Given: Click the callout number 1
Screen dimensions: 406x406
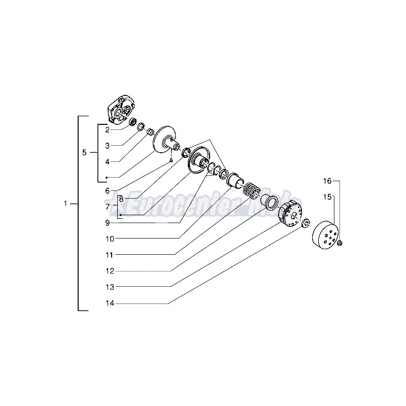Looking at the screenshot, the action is pyautogui.click(x=65, y=205).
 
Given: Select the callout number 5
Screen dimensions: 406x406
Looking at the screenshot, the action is pyautogui.click(x=85, y=152).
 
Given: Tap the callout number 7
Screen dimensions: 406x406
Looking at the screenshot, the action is pyautogui.click(x=108, y=207).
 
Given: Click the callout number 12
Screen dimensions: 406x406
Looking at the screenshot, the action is pyautogui.click(x=110, y=270).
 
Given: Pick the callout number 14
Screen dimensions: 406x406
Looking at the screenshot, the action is pyautogui.click(x=110, y=303).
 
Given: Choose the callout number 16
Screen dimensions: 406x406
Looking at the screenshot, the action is pyautogui.click(x=328, y=181).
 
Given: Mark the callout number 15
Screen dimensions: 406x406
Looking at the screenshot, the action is pyautogui.click(x=328, y=196).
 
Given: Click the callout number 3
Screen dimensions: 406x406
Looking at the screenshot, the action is pyautogui.click(x=108, y=146).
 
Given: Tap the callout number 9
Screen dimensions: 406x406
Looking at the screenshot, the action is pyautogui.click(x=108, y=222).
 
